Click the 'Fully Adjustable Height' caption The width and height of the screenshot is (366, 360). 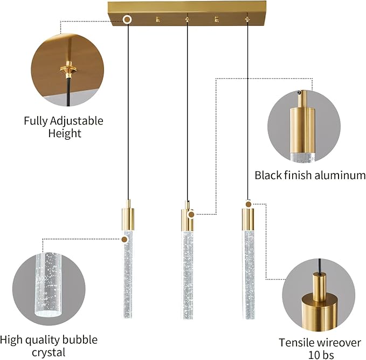[x=63, y=126]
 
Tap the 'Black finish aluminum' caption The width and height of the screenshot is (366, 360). [x=310, y=175]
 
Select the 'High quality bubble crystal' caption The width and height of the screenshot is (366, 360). [x=49, y=345]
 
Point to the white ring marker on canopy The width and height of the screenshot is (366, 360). [x=128, y=20]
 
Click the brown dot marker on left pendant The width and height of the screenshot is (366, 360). [x=125, y=239]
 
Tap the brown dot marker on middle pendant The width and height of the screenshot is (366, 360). [x=191, y=214]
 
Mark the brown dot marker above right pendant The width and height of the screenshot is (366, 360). [x=248, y=204]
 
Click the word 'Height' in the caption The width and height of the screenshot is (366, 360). [x=63, y=133]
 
